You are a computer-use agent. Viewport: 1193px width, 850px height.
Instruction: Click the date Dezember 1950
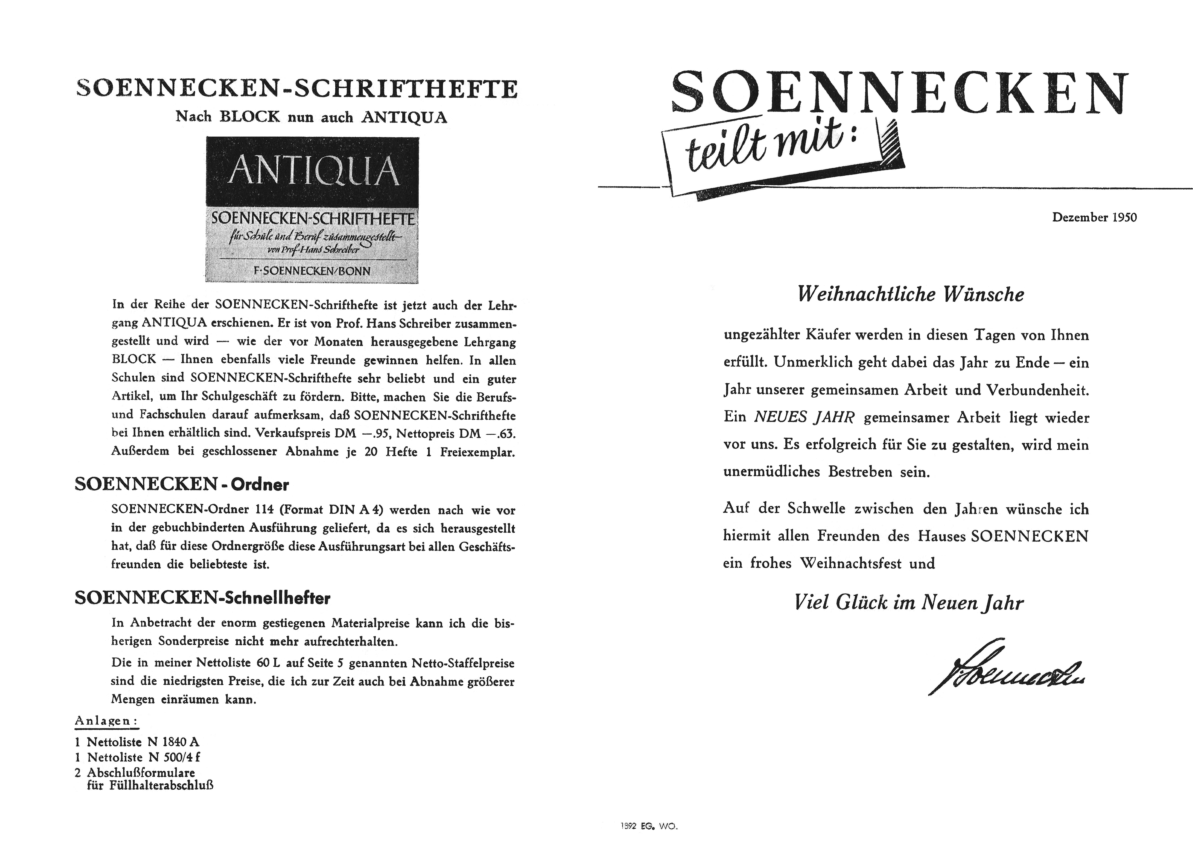[1094, 217]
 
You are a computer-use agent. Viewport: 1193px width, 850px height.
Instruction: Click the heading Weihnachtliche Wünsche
[910, 295]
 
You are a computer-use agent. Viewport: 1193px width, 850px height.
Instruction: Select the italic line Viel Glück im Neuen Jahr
[908, 602]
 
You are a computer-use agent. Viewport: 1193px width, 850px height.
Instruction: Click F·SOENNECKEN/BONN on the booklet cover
[312, 271]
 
